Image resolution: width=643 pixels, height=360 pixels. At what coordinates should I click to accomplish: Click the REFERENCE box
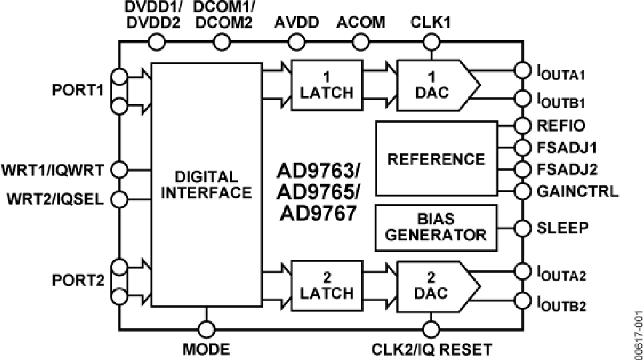436,159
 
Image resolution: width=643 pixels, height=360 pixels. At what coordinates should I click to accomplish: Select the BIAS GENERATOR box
436,227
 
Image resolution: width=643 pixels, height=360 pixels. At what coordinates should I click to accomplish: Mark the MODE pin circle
207,329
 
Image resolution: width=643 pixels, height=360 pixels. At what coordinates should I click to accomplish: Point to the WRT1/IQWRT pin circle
120,170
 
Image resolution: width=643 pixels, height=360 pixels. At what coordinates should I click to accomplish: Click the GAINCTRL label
576,191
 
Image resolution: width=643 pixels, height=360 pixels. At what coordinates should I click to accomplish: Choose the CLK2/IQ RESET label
431,349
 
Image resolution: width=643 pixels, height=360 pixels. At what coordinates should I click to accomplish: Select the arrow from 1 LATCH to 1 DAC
380,68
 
